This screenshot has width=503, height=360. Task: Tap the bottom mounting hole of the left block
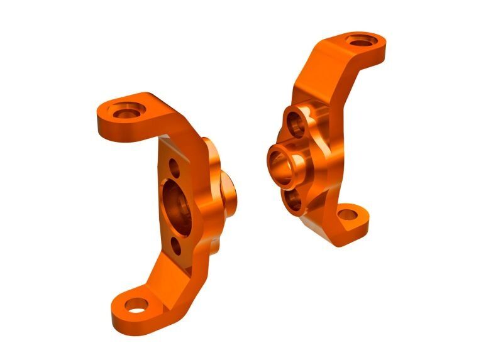coord(135,306)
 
